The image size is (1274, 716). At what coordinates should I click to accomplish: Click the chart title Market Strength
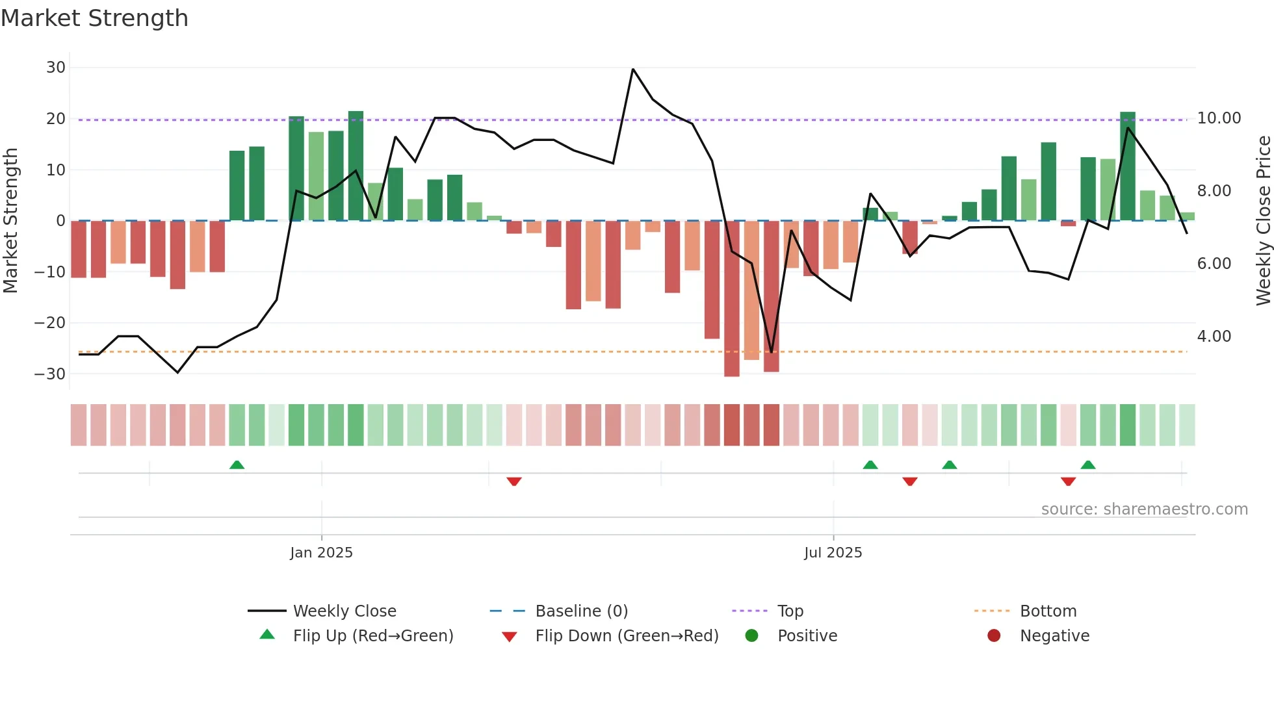94,18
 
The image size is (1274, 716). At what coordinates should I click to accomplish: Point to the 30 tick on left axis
56,68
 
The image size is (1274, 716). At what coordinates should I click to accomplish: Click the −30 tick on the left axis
51,374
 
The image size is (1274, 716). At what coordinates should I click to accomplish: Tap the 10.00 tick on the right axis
1219,118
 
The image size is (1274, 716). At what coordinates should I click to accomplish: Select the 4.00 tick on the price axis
1214,337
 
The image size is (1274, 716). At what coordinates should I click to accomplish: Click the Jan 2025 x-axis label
321,553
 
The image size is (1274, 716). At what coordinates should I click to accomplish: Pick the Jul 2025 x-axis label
833,553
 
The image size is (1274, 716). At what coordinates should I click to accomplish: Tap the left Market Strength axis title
10,221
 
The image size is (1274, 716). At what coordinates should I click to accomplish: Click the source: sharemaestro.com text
1144,509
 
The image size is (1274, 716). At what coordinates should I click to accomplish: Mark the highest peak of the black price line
633,69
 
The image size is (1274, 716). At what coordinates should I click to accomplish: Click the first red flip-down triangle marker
514,481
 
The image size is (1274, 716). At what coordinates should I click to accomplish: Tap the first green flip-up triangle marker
237,465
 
